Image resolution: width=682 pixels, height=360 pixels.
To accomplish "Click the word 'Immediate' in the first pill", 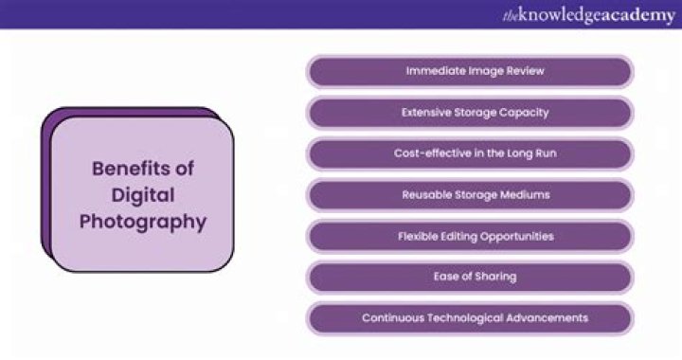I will tap(433, 71).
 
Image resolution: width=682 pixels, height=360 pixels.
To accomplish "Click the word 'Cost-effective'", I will tap(430, 153).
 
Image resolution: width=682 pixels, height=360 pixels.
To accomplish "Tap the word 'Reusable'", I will tap(426, 194).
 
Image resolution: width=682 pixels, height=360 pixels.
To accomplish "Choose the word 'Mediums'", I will tap(525, 194).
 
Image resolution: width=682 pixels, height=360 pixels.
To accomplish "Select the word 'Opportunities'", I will tap(517, 236).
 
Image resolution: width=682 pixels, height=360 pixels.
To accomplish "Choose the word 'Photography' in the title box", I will tap(142, 223).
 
